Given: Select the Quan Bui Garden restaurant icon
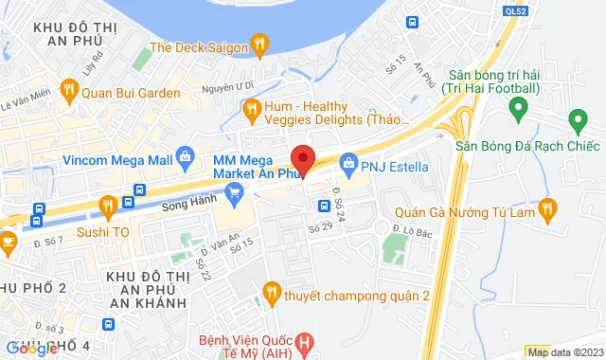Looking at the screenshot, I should point(68,91).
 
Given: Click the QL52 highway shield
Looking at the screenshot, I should point(516,10).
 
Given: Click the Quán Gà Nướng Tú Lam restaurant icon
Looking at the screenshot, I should point(546,207).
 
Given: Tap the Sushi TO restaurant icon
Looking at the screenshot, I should point(108,205).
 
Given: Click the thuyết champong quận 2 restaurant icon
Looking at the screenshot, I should point(271,292).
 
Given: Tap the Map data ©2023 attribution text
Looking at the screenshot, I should point(564,352).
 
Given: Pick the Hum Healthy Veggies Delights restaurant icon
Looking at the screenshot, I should point(252,112).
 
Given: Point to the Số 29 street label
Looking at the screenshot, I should point(319,228).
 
